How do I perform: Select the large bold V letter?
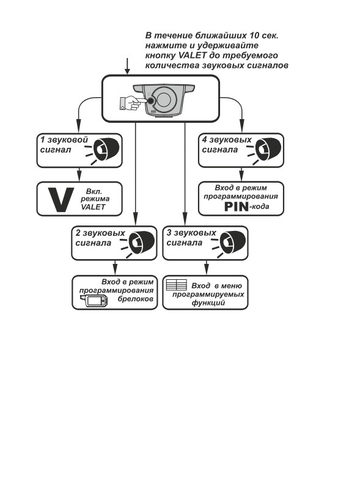(x=61, y=200)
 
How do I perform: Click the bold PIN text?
(x=237, y=206)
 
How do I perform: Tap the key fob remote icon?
(x=94, y=301)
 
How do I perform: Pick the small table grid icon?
(x=176, y=285)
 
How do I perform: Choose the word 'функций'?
(x=208, y=303)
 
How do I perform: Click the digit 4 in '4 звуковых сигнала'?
(x=205, y=139)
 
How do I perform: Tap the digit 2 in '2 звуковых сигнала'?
(x=78, y=232)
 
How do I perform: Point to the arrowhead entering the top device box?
(x=127, y=71)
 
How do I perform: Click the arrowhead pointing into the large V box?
(x=79, y=178)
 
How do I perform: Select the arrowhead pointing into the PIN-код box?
(x=241, y=178)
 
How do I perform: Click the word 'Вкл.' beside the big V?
(x=94, y=192)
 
